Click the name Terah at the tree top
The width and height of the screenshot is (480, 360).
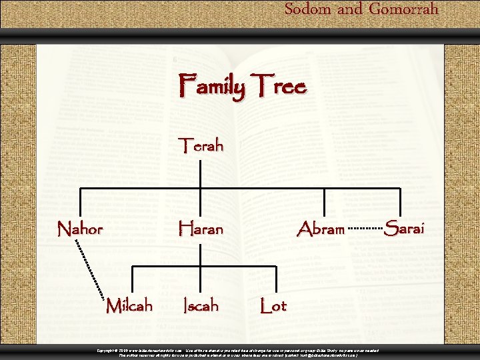[x=200, y=145]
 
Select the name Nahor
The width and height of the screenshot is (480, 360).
[x=80, y=229]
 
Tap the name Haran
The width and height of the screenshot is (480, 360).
[x=200, y=229]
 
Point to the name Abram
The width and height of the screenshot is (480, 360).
[x=321, y=229]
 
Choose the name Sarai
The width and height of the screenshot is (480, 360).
[x=404, y=229]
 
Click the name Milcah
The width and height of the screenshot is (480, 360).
[x=129, y=306]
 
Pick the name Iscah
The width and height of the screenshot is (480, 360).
[x=201, y=306]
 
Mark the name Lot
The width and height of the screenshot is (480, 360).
[x=273, y=306]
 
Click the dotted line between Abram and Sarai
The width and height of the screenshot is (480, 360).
[x=365, y=229]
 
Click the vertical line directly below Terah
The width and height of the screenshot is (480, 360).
[x=200, y=172]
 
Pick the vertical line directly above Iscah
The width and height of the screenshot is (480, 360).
[x=200, y=279]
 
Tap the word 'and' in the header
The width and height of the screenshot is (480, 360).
[x=350, y=9]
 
